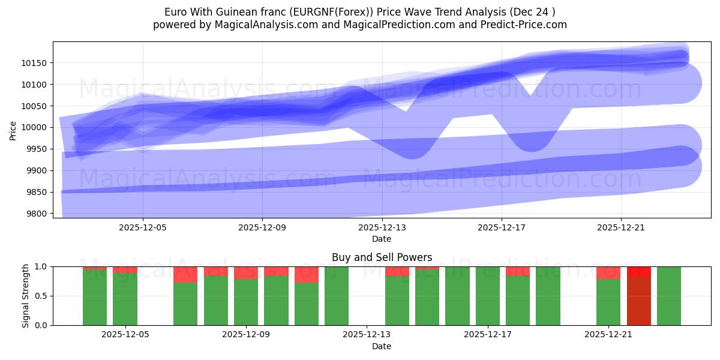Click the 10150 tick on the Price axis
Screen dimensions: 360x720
(x=37, y=63)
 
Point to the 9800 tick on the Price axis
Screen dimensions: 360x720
(x=40, y=214)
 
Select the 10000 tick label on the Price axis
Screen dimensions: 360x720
(x=37, y=128)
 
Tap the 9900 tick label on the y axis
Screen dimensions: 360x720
(x=40, y=171)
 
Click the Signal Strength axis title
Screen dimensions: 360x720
(x=25, y=296)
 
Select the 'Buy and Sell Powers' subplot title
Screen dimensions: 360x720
(x=382, y=257)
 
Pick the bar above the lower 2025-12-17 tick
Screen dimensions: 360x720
(x=487, y=296)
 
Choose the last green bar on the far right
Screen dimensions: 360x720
(x=668, y=296)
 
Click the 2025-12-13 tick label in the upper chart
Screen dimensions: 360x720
(x=382, y=227)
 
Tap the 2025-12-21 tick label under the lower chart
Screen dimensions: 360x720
(x=608, y=335)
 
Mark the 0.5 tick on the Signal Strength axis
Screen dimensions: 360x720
(x=41, y=296)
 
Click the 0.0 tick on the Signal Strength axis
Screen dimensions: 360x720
(x=41, y=325)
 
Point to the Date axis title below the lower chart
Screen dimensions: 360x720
(x=382, y=346)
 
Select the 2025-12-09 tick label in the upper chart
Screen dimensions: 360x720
(x=262, y=227)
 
